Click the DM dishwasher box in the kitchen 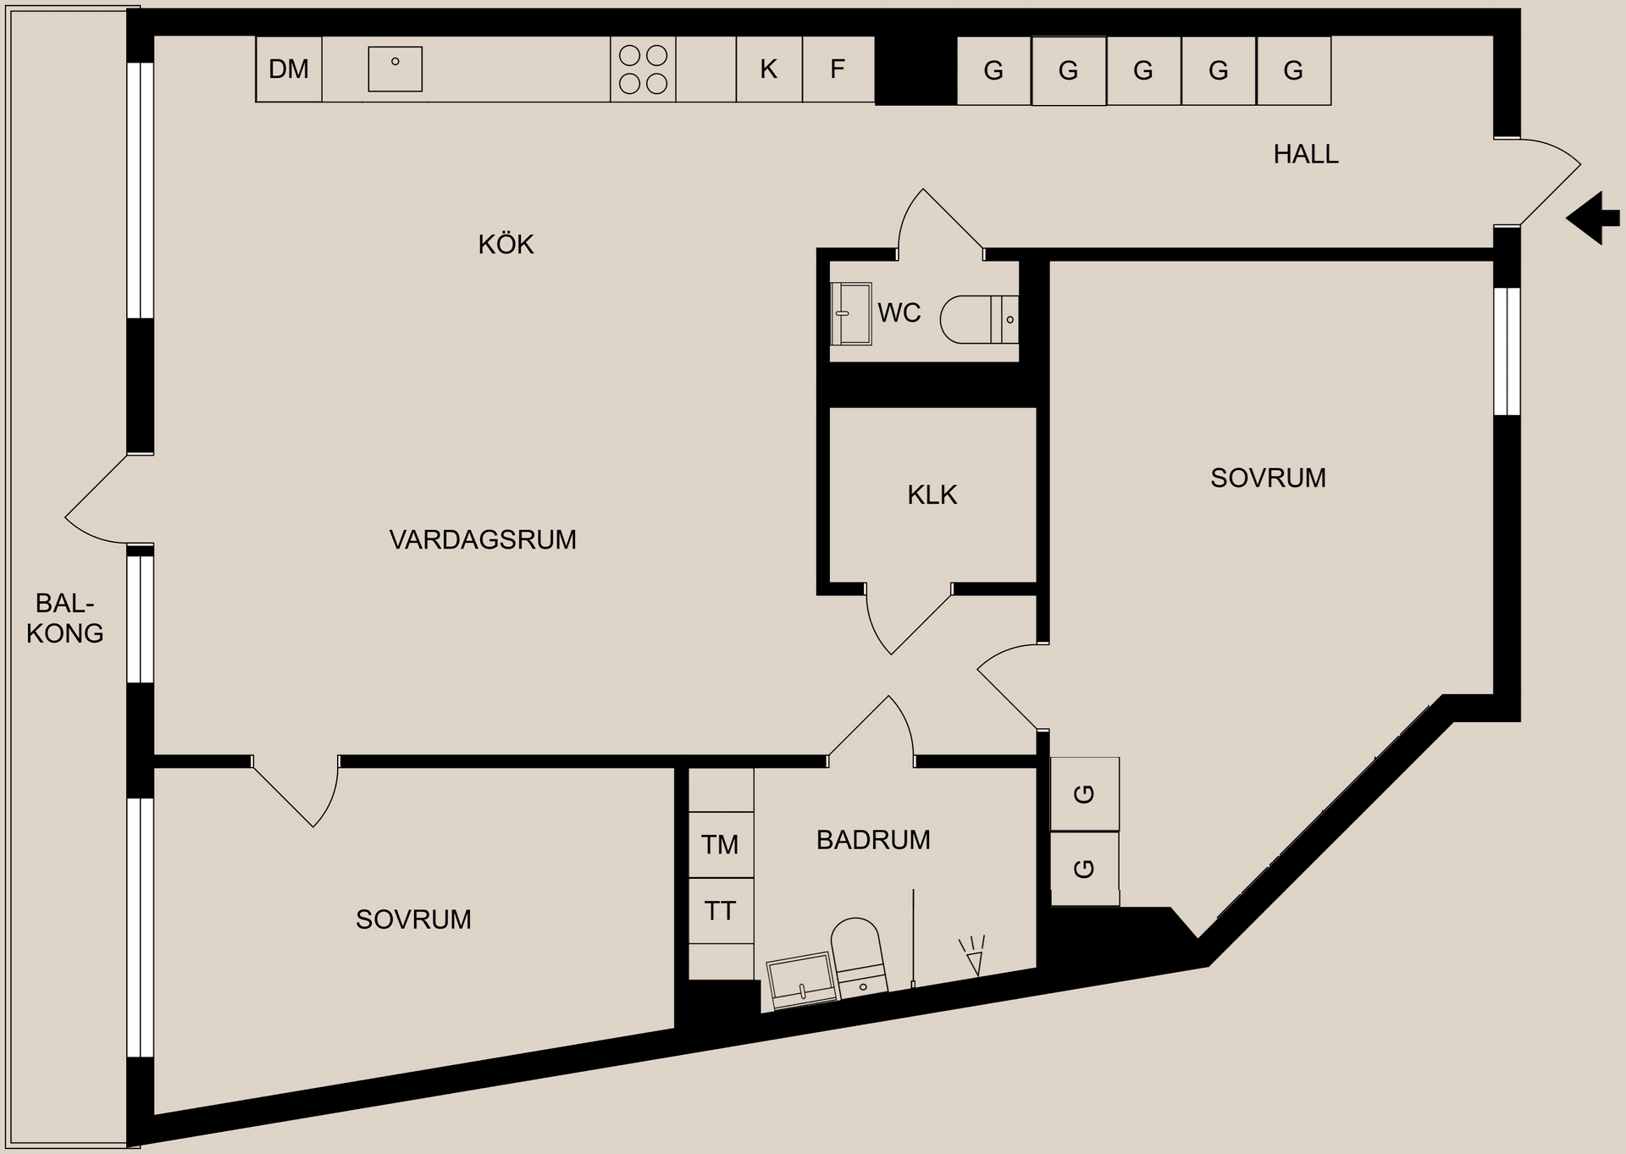(289, 69)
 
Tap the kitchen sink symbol (395, 69)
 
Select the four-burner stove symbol (643, 69)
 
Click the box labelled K (769, 69)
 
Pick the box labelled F (838, 69)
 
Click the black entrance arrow (1594, 218)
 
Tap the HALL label (1306, 154)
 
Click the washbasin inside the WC (851, 313)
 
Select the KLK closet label (932, 494)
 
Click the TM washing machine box (720, 844)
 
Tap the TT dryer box (720, 911)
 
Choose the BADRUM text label (873, 840)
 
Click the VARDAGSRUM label (483, 539)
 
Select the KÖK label (506, 245)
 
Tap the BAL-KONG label (64, 618)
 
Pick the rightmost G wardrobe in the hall (1293, 70)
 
